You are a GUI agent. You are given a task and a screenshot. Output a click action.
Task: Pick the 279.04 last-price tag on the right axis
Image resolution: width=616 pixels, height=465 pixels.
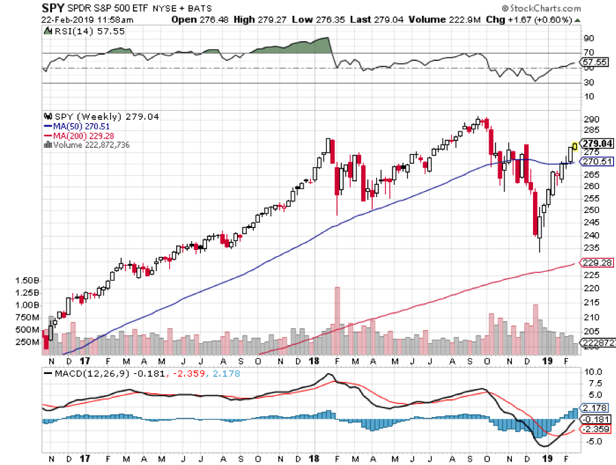[597, 143]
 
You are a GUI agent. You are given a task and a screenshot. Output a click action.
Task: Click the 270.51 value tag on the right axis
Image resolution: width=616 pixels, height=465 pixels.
[597, 162]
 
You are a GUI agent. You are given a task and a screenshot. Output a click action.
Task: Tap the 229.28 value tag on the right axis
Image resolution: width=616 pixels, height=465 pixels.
[597, 262]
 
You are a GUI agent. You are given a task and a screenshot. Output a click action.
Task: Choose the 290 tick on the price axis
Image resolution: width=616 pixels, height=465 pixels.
[591, 119]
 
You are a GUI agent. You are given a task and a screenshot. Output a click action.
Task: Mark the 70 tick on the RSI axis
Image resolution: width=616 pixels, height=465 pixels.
[588, 53]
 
